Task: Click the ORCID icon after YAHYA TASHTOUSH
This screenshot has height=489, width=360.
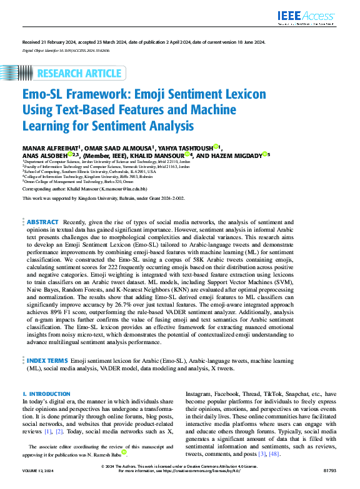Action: pyautogui.click(x=216, y=147)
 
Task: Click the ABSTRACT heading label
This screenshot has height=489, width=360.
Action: pyautogui.click(x=42, y=222)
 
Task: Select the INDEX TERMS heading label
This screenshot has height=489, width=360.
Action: pyautogui.click(x=46, y=361)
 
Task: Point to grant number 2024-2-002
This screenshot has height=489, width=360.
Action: pyautogui.click(x=171, y=198)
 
